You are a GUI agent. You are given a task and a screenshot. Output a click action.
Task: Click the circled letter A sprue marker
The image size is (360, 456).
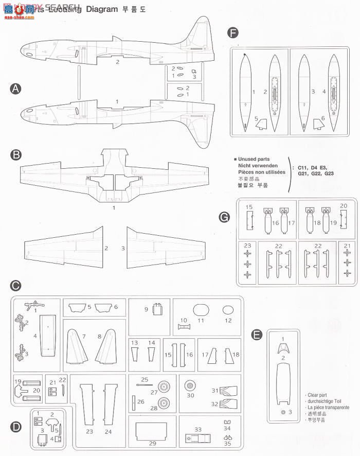click(x=15, y=89)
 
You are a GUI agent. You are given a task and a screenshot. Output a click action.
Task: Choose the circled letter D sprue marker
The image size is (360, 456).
click(x=15, y=426)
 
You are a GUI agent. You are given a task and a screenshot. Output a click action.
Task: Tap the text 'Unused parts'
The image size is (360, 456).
click(x=254, y=160)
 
